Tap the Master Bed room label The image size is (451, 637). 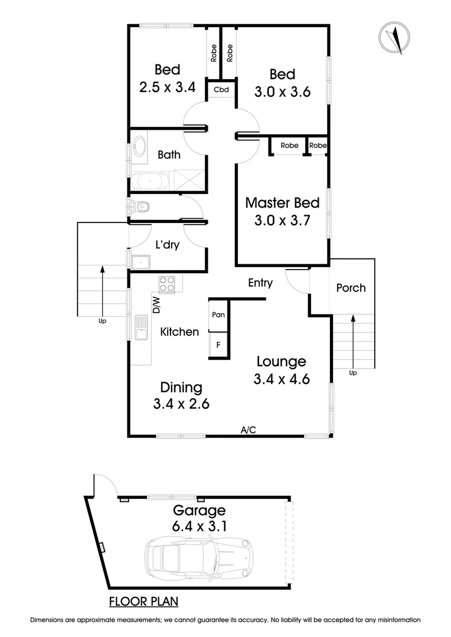[x=282, y=203]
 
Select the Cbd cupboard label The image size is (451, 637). [x=221, y=90]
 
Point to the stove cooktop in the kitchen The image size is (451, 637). [x=167, y=284]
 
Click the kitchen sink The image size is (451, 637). [x=141, y=328]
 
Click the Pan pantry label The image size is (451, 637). [x=218, y=315]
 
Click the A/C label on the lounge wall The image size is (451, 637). [x=248, y=430]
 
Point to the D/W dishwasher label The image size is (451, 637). [x=156, y=304]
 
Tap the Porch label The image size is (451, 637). [x=351, y=288]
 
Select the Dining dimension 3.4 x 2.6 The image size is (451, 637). [x=181, y=404]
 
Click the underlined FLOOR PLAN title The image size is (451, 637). [x=144, y=602]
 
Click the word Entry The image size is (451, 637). [x=260, y=283]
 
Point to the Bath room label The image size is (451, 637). [x=169, y=155]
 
